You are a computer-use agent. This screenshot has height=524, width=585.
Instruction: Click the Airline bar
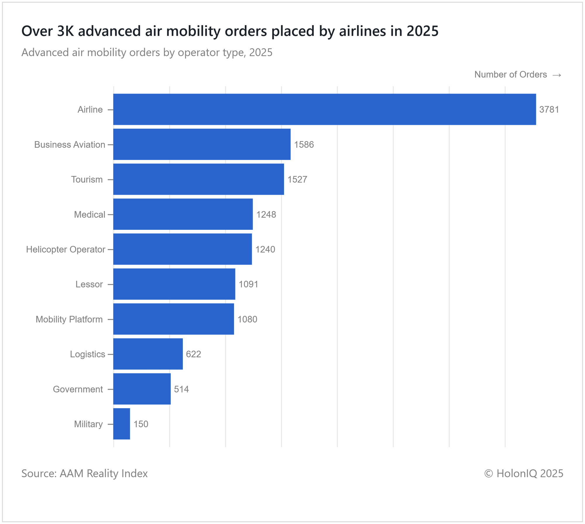[324, 109]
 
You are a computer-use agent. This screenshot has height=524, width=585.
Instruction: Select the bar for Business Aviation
[202, 144]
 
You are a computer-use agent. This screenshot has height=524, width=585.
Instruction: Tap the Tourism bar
[198, 179]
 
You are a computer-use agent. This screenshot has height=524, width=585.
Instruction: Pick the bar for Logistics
[148, 354]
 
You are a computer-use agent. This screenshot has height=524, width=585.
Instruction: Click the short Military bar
[121, 424]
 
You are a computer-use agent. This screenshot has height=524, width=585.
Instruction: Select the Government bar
[142, 389]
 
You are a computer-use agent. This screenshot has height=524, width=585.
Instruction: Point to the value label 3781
[549, 110]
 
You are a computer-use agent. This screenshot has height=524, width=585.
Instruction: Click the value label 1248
[266, 215]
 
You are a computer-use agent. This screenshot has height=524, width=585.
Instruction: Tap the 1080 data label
[247, 319]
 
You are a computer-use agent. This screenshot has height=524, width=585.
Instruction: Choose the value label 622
[193, 354]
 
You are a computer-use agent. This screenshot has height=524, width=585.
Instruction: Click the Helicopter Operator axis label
[66, 249]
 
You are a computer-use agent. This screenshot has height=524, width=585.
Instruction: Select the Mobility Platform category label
[69, 319]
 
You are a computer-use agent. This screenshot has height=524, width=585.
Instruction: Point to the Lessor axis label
[89, 284]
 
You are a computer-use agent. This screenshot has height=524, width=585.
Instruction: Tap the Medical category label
[90, 215]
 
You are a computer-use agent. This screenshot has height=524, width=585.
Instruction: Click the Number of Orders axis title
[510, 75]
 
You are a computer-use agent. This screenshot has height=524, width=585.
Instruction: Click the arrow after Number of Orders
[557, 75]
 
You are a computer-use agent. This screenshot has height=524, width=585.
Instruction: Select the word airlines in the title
[362, 31]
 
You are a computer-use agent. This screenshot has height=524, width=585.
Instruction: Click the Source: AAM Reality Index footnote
[85, 473]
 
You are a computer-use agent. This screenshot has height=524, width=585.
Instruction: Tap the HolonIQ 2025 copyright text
[524, 473]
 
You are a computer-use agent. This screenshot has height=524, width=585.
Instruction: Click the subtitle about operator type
[147, 53]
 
